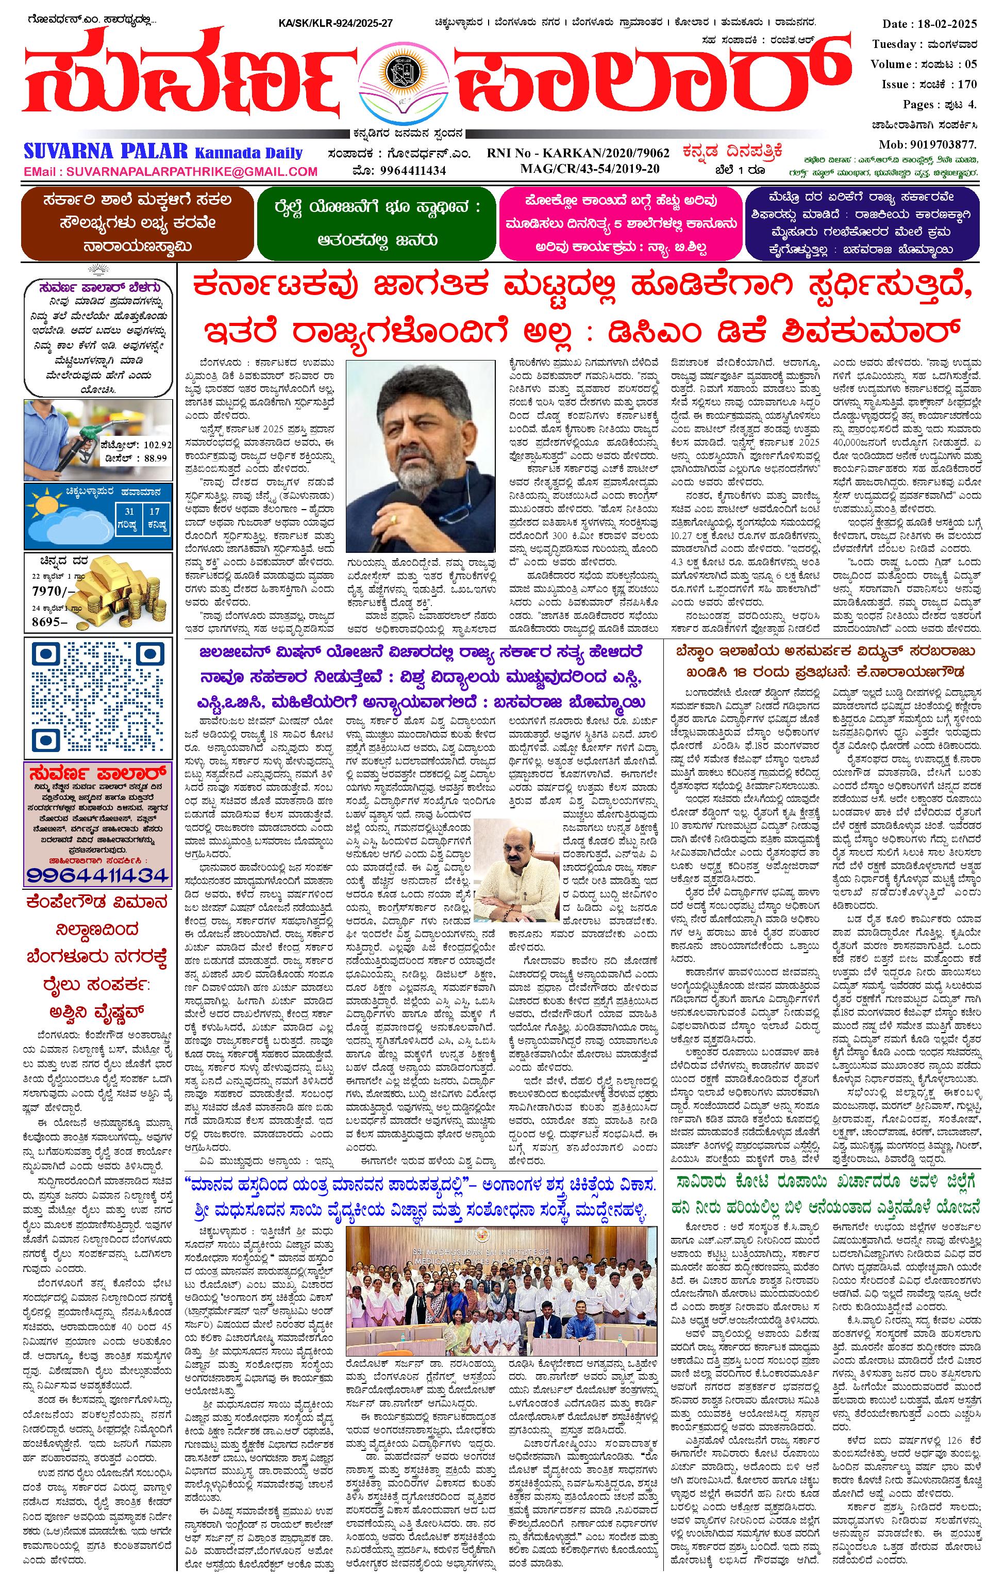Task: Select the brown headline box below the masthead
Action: [137, 224]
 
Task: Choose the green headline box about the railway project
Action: [377, 224]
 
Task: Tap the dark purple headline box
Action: [862, 224]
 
